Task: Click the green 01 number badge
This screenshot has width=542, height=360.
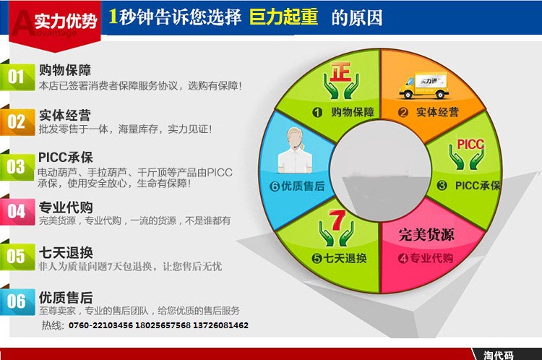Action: [17, 77]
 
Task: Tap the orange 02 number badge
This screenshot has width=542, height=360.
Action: [17, 121]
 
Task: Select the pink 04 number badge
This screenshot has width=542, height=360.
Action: [17, 212]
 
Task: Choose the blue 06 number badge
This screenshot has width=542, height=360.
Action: [17, 301]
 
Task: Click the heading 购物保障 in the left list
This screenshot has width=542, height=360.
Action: [65, 70]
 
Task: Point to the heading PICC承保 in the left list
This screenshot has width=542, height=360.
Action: [65, 158]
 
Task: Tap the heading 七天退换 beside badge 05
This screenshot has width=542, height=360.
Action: [66, 252]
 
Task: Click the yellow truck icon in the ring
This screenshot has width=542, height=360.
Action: [424, 85]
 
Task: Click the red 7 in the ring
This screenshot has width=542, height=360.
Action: [337, 220]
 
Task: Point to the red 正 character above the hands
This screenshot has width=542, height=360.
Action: [340, 72]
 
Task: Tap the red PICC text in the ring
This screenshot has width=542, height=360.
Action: [470, 144]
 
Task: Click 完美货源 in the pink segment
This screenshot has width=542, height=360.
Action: [426, 234]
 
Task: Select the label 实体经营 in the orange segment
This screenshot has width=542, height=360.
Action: [437, 112]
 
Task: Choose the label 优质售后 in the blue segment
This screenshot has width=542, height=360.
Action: [303, 187]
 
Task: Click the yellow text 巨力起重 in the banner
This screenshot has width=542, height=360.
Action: [283, 17]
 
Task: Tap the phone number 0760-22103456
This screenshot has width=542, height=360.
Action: [100, 325]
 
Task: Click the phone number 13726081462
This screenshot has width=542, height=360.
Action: [220, 325]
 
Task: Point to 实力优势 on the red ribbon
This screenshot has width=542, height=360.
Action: [65, 22]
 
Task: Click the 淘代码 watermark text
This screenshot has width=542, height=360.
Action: [498, 355]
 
